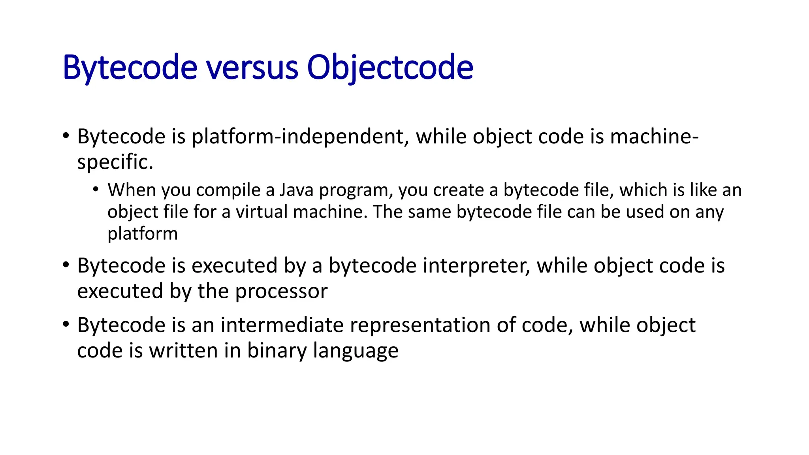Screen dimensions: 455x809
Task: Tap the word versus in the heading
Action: pyautogui.click(x=252, y=68)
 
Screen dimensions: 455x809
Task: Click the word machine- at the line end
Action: pyautogui.click(x=654, y=137)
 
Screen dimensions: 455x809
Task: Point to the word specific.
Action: pyautogui.click(x=115, y=162)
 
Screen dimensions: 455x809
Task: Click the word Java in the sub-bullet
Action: pyautogui.click(x=296, y=190)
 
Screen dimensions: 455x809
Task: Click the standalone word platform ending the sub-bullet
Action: pyautogui.click(x=143, y=233)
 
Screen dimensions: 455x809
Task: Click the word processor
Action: pyautogui.click(x=281, y=291)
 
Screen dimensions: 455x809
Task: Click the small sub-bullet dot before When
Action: pyautogui.click(x=96, y=190)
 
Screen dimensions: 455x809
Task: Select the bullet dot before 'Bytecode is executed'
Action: pyautogui.click(x=66, y=265)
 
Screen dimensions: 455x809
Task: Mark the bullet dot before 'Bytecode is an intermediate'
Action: pyautogui.click(x=66, y=325)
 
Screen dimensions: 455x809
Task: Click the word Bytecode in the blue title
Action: pyautogui.click(x=130, y=68)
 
